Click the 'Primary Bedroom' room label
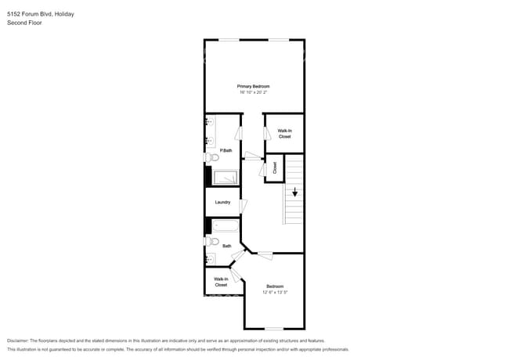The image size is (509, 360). coord(254,85)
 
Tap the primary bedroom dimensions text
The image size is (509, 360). coord(254,92)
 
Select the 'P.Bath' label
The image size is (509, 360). coord(225,150)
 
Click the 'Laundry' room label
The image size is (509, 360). coord(222,203)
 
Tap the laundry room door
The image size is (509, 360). coord(244,205)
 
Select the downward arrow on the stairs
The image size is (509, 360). coord(295,193)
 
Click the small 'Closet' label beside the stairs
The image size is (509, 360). coord(275,167)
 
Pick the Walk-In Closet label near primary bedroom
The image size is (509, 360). coord(284,134)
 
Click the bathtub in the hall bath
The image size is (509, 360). coord(226,226)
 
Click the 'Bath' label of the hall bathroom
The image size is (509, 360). coord(226,246)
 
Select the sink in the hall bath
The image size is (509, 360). coord(209,258)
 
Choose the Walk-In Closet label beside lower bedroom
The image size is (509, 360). coord(221,282)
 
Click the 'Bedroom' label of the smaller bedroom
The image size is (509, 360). coord(275,286)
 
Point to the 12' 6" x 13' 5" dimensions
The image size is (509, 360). coord(275,293)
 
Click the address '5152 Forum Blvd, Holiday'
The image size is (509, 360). coord(41,13)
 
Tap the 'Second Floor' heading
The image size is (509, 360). coord(24,23)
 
